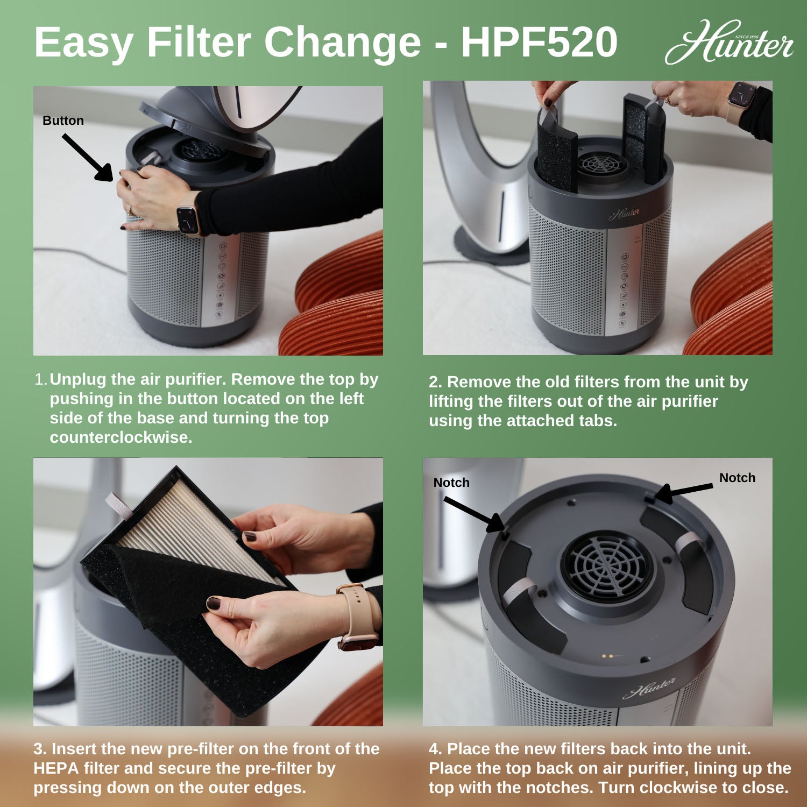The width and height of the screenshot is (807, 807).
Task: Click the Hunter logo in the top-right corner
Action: pos(729,43)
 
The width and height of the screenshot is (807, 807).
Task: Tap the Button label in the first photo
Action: pos(63,121)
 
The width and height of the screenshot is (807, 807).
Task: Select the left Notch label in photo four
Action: pos(451,483)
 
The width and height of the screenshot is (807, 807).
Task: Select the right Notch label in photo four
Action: pos(737,478)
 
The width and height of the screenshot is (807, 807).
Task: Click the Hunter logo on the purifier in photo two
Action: pos(625,214)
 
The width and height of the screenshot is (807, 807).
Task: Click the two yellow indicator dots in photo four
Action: pos(607,656)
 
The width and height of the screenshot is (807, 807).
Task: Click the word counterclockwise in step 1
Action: pos(121,437)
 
